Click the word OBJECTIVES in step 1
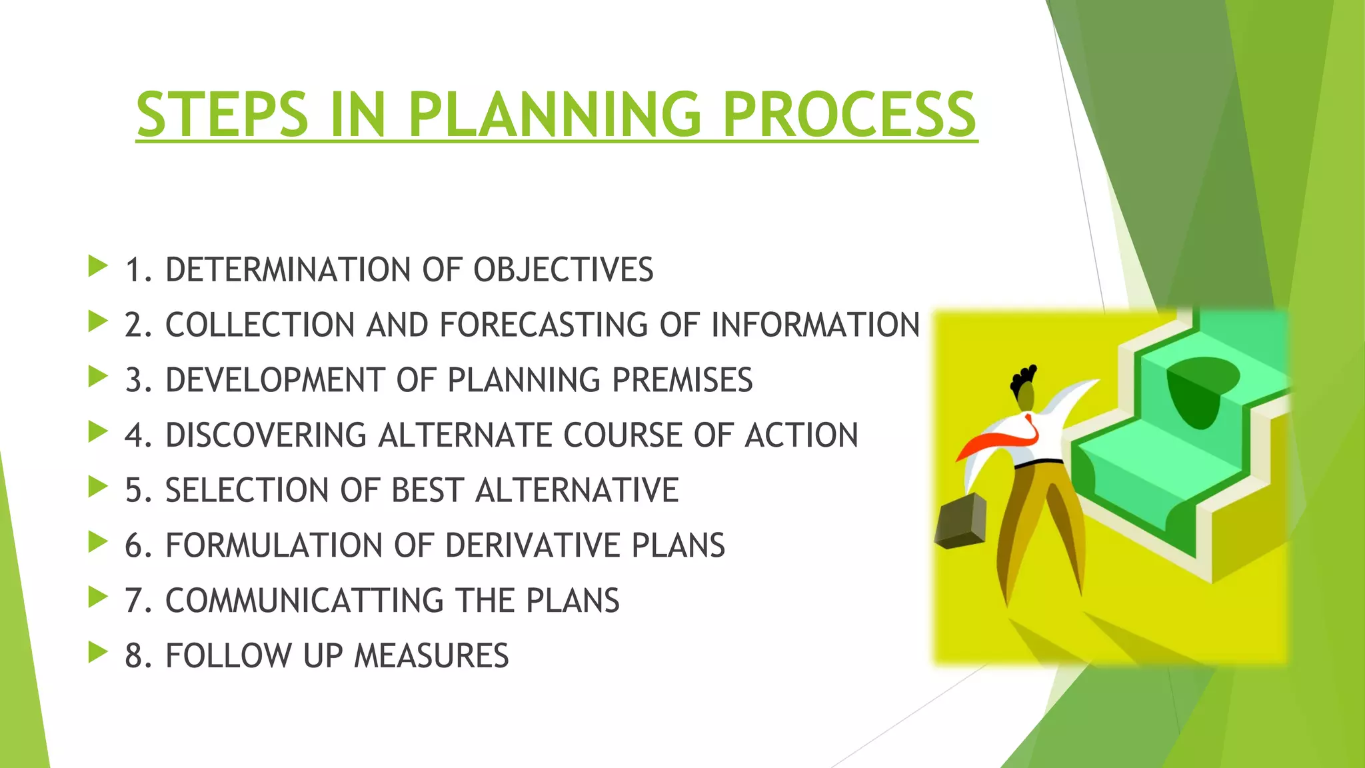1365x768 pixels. point(563,270)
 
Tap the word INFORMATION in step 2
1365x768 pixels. point(815,325)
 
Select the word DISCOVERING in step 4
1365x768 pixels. point(266,435)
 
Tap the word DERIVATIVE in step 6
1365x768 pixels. point(533,545)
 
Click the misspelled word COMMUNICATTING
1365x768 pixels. point(305,601)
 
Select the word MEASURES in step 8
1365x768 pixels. point(431,656)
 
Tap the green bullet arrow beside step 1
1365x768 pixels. point(97,266)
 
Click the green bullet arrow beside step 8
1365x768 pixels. point(97,652)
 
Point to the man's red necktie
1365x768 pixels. point(1000,441)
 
